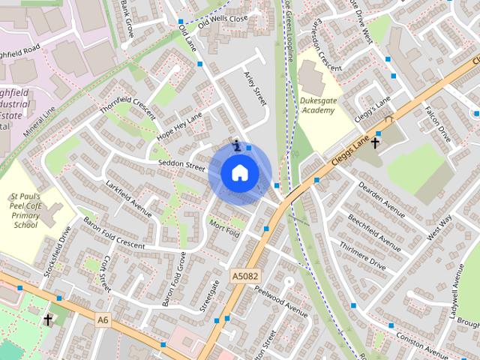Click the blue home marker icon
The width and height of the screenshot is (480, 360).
coord(239,173)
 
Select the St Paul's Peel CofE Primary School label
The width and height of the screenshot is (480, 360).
coord(25,210)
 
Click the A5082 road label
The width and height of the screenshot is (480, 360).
coord(244,276)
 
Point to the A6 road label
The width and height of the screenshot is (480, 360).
coord(103,320)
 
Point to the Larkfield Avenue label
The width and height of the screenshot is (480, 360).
coord(128,197)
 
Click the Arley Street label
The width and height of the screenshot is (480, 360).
coord(256,88)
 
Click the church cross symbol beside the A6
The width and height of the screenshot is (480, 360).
coord(48,320)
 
